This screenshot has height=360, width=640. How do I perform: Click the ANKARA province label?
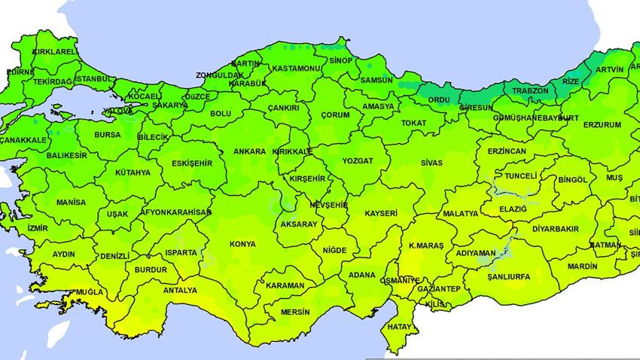[x=249, y=151]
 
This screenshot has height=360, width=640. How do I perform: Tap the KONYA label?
[x=243, y=244]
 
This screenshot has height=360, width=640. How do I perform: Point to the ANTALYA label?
[x=180, y=290]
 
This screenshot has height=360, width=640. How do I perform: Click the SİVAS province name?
[x=431, y=163]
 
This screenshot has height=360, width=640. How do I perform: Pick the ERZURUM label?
[x=602, y=124]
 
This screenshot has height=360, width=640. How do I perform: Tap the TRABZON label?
[x=532, y=91]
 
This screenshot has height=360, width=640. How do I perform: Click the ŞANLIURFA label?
[x=508, y=276]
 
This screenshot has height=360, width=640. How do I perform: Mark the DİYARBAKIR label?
[x=556, y=228]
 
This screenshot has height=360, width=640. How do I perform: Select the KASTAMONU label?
[x=297, y=69]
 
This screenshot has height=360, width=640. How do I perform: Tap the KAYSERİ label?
[x=381, y=214]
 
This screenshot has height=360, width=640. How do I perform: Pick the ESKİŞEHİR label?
[x=192, y=163]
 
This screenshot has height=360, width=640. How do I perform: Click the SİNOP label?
[x=341, y=60]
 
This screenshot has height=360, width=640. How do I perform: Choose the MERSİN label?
[x=294, y=311]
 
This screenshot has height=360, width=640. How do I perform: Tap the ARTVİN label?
[x=609, y=69]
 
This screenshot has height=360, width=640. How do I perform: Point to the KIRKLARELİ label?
[x=54, y=52]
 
